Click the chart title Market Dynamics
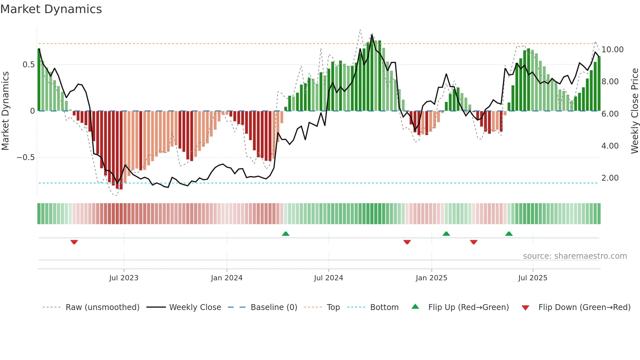tap(51, 9)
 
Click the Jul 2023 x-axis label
tap(124, 278)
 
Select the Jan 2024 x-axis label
tap(227, 278)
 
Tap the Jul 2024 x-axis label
tap(328, 278)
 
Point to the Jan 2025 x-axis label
tap(431, 278)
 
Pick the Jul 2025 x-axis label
tap(533, 278)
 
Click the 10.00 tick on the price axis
tap(612, 50)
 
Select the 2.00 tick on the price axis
tap(610, 178)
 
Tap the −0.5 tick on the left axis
tap(25, 157)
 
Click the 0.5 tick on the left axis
tap(28, 65)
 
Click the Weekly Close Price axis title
tap(634, 111)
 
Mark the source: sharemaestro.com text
tap(575, 256)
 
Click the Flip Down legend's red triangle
tap(525, 308)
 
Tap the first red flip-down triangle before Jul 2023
tap(74, 242)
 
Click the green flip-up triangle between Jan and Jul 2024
tap(285, 234)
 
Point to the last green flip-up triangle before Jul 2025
tap(509, 234)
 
